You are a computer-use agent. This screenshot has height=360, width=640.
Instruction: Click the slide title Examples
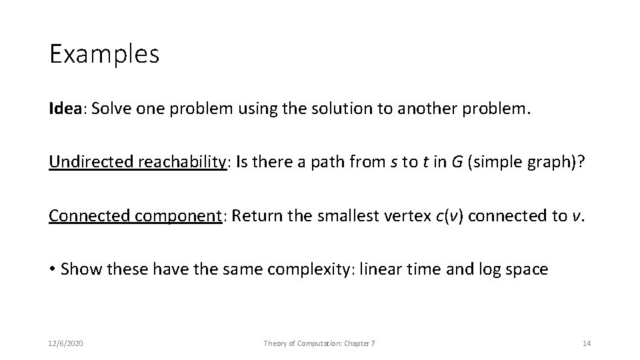[x=104, y=54]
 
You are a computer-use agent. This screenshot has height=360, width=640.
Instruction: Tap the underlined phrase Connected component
[x=135, y=216]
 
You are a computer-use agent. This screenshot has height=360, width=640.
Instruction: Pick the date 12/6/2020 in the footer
[x=66, y=343]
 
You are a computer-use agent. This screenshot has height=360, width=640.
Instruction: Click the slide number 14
[x=586, y=343]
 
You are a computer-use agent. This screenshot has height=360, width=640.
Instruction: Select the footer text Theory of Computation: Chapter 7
[x=319, y=343]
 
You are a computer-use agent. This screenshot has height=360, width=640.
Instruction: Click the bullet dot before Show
[x=52, y=270]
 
